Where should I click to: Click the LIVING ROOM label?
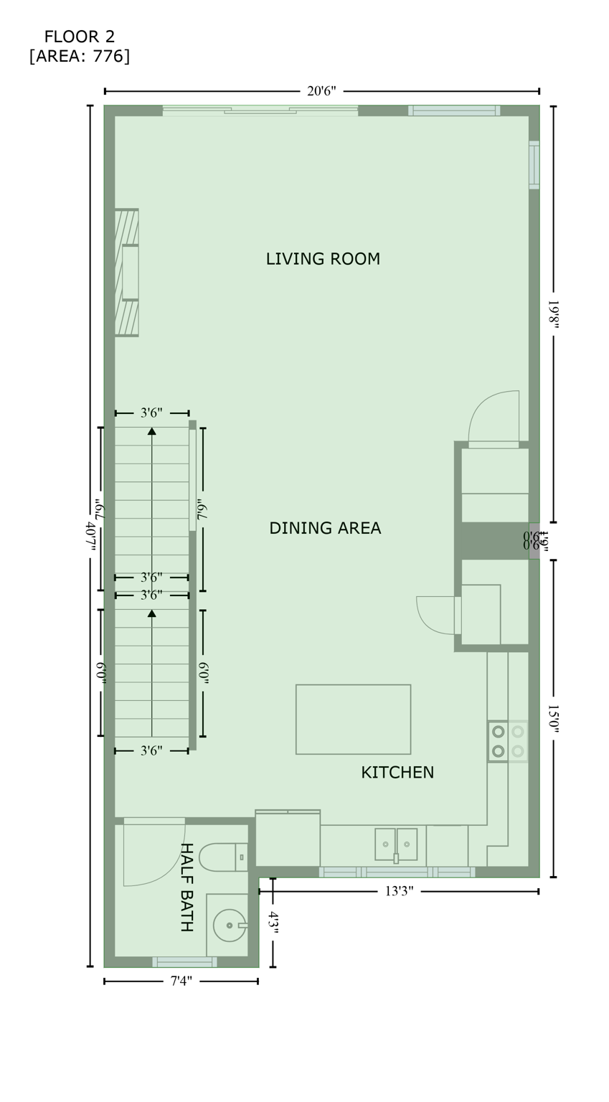323,259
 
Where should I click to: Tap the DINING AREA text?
325,529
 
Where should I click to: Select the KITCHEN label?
397,773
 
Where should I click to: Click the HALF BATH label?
186,887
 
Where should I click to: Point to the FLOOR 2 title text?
79,37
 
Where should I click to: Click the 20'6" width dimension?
321,91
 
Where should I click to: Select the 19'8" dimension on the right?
553,314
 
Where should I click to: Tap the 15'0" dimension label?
553,718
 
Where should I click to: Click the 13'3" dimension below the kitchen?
399,892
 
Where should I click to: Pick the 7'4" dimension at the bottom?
181,981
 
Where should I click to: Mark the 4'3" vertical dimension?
273,923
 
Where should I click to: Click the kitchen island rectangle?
353,719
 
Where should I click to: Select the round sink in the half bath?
230,926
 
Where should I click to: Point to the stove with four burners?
508,741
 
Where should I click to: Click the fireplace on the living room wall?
127,273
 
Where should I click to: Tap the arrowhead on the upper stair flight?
152,430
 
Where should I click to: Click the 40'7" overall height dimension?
90,535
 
